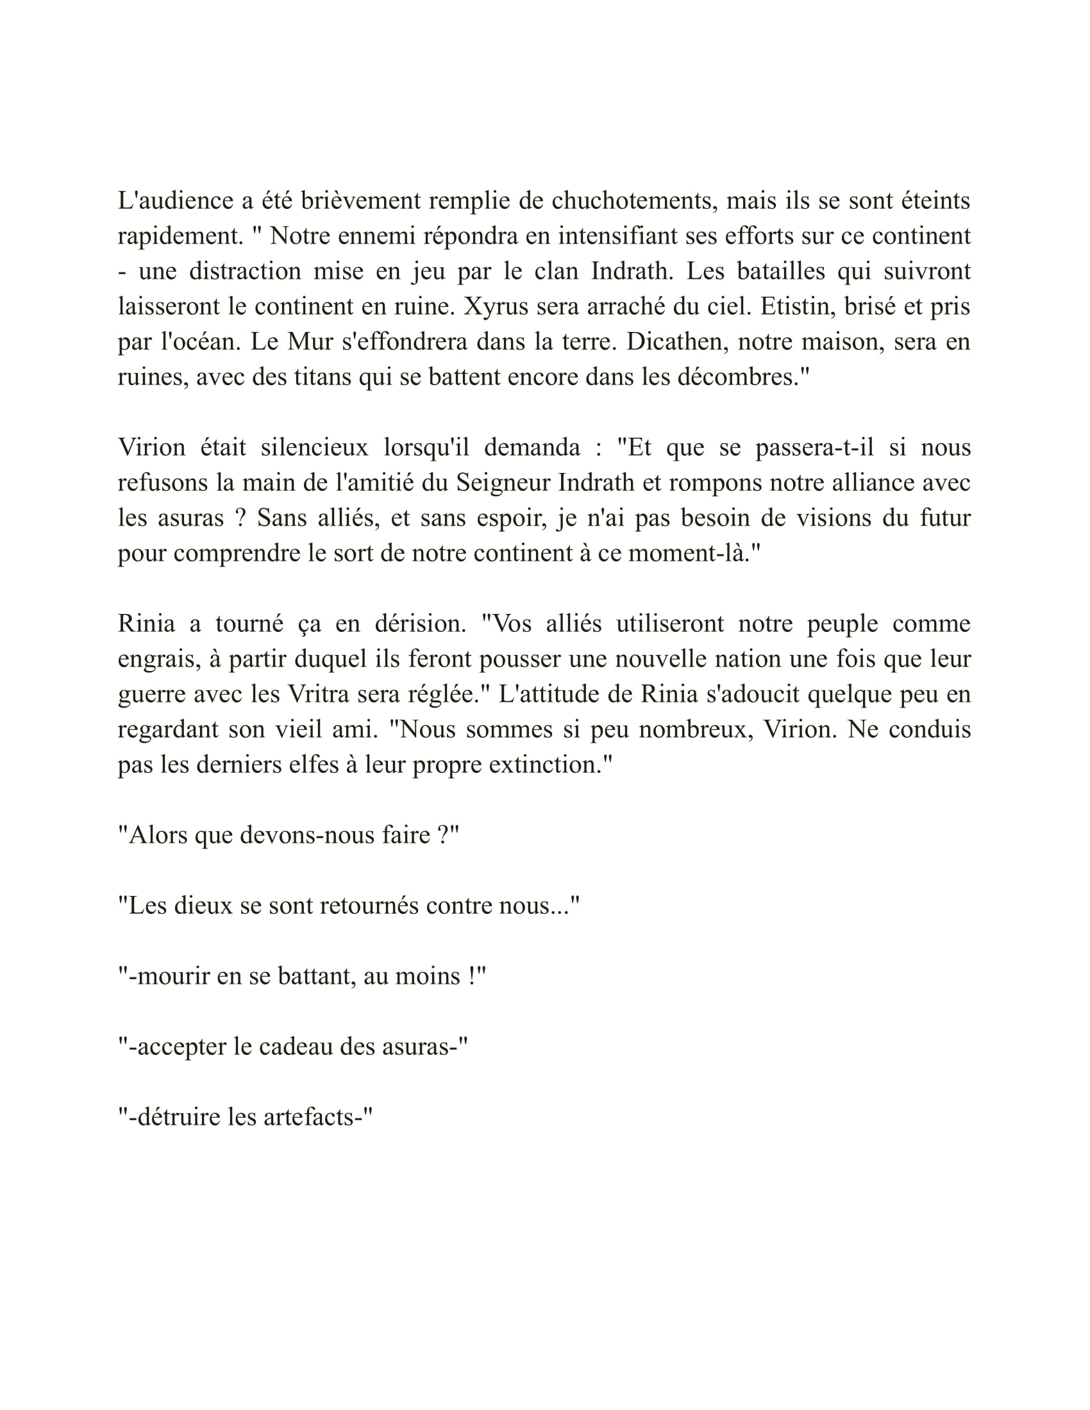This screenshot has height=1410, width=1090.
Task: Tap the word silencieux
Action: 314,447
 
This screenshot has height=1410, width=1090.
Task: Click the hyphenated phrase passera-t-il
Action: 814,447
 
